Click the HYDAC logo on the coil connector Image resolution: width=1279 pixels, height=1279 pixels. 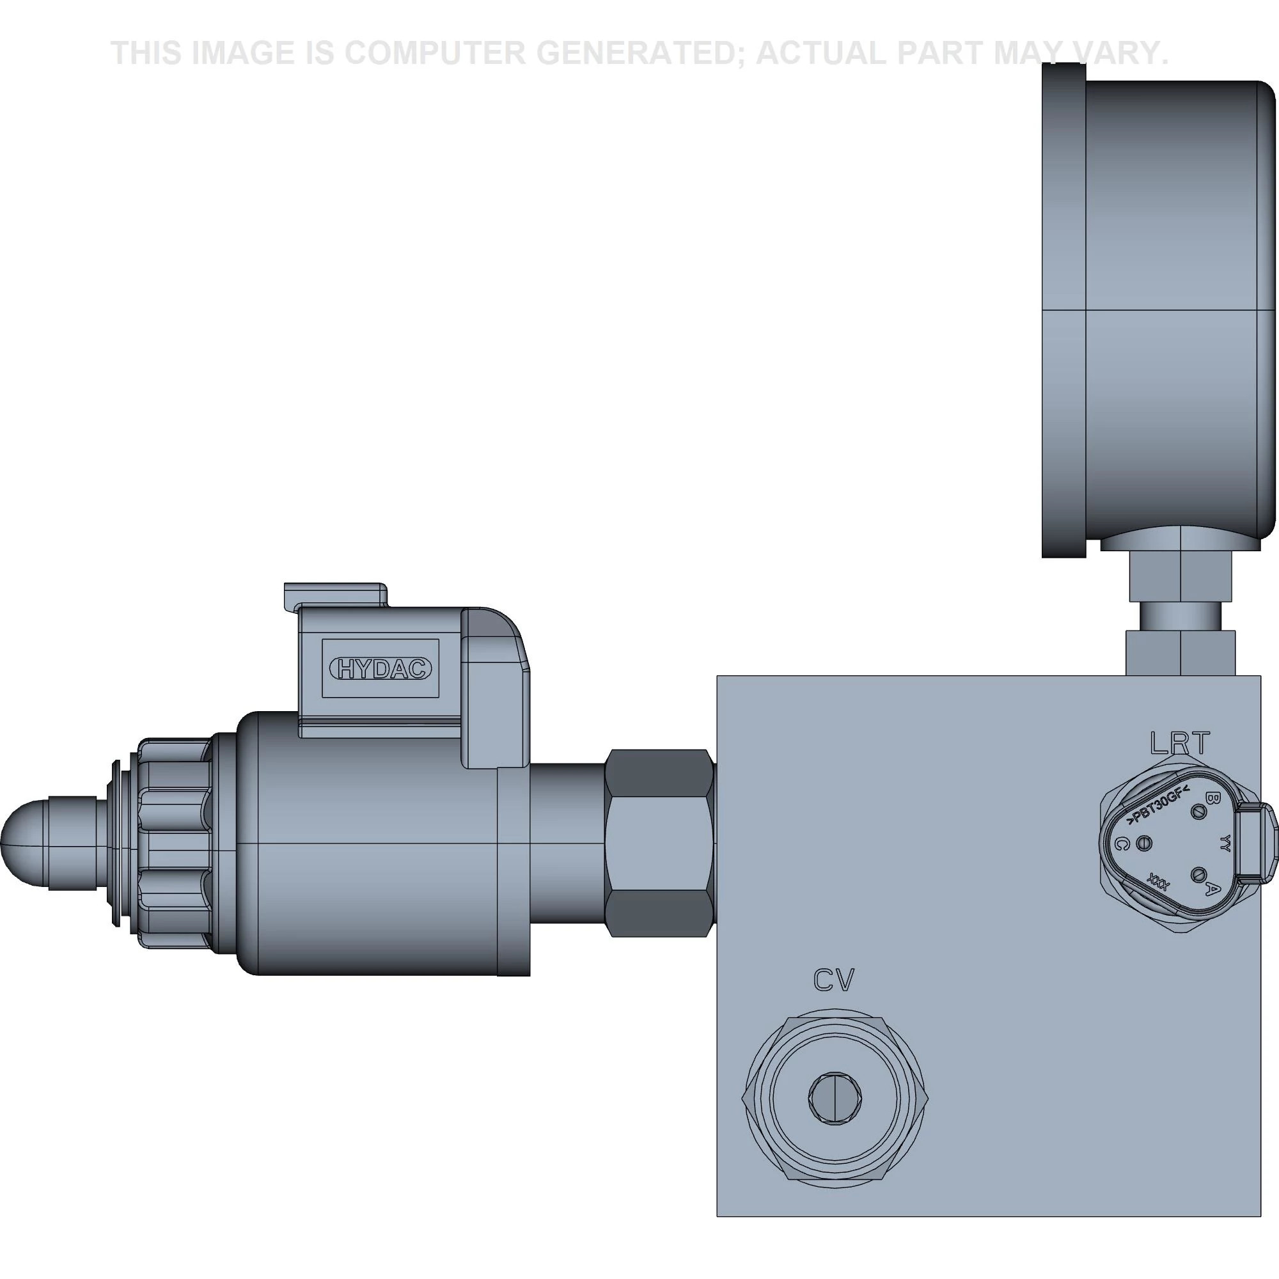click(381, 669)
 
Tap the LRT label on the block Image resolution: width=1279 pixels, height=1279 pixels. click(1181, 744)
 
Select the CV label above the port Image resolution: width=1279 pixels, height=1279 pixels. click(834, 980)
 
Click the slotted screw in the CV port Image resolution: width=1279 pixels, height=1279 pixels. click(835, 1098)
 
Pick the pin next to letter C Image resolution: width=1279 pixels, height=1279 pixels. click(1143, 844)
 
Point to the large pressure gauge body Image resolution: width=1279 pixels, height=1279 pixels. click(1179, 311)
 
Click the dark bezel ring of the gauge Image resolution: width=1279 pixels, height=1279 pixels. click(1063, 311)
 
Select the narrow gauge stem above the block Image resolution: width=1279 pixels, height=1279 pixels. click(1181, 615)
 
